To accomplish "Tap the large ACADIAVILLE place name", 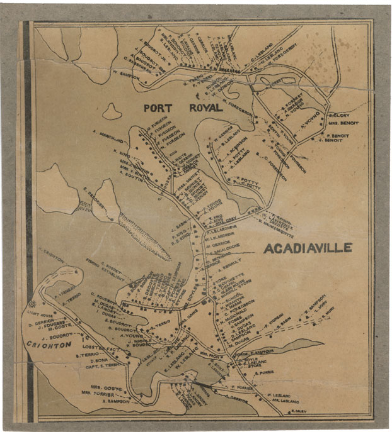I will pyautogui.click(x=308, y=248).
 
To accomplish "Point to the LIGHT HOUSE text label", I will pyautogui.click(x=39, y=313).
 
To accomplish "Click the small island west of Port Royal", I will pyautogui.click(x=112, y=112).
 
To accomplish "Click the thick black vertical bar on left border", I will pyautogui.click(x=28, y=214).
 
